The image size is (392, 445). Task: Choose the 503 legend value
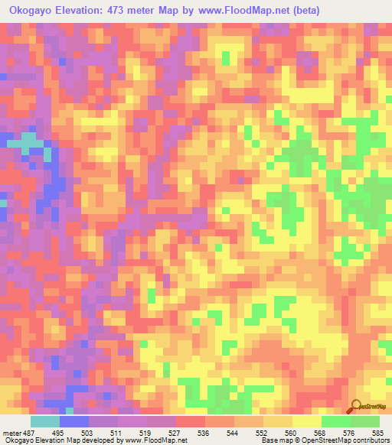click(x=89, y=433)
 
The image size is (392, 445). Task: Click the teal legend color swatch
click(x=45, y=421)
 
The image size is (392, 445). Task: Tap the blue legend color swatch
click(x=74, y=421)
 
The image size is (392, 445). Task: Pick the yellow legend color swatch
click(x=307, y=421)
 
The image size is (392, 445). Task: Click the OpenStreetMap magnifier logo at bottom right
click(x=357, y=406)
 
